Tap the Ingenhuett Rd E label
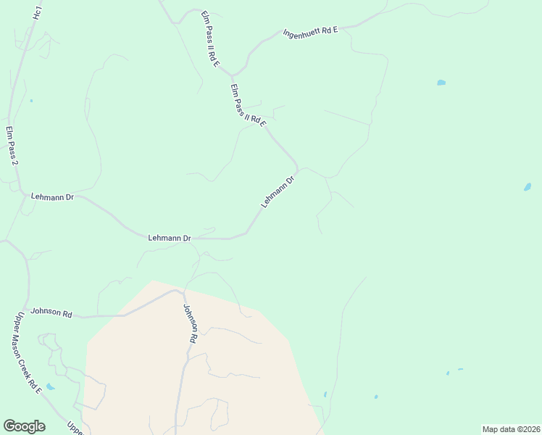click(x=311, y=32)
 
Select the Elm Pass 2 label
click(x=12, y=145)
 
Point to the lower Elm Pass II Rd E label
click(x=249, y=109)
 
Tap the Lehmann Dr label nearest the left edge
click(x=52, y=196)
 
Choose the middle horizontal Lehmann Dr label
click(x=169, y=238)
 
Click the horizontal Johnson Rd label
click(x=51, y=314)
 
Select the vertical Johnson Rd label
click(x=190, y=323)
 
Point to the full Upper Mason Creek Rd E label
click(x=27, y=352)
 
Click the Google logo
click(x=24, y=426)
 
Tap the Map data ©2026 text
click(x=511, y=429)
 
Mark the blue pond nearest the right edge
click(x=528, y=187)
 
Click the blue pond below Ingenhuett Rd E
click(x=441, y=83)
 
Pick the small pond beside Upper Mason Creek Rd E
click(x=49, y=386)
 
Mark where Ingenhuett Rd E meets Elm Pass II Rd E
click(x=232, y=75)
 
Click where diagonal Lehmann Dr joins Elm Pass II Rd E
click(x=298, y=169)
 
